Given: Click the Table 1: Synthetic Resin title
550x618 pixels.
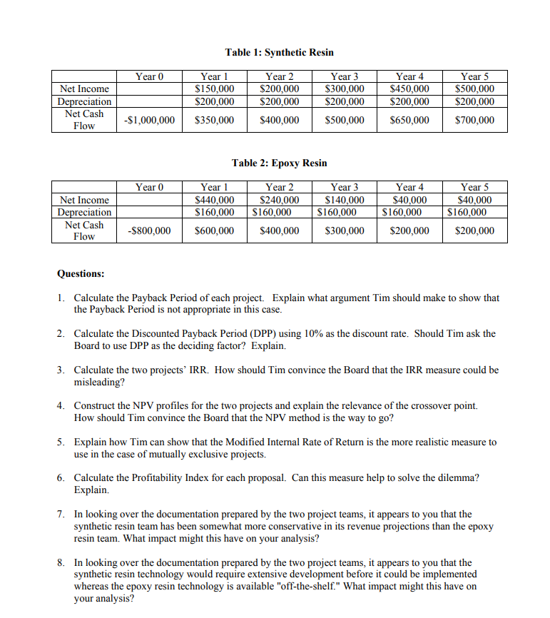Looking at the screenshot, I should [279, 52].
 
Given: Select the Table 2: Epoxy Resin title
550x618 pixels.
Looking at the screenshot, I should [279, 163].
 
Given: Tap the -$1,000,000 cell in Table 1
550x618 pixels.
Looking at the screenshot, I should [149, 120].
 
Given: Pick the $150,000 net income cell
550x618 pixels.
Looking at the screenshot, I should [214, 89].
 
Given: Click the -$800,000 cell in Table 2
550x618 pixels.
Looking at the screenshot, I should [149, 231].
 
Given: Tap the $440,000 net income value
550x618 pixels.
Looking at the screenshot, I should [214, 201].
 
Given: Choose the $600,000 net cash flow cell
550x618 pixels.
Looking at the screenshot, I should [214, 231].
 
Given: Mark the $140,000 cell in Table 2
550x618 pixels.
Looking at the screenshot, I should [345, 201].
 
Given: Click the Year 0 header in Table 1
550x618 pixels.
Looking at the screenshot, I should [149, 76].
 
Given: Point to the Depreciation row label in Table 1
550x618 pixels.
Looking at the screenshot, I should [84, 101].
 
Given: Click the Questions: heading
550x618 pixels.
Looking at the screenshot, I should [81, 273].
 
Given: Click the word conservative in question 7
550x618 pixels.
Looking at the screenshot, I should [320, 527].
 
